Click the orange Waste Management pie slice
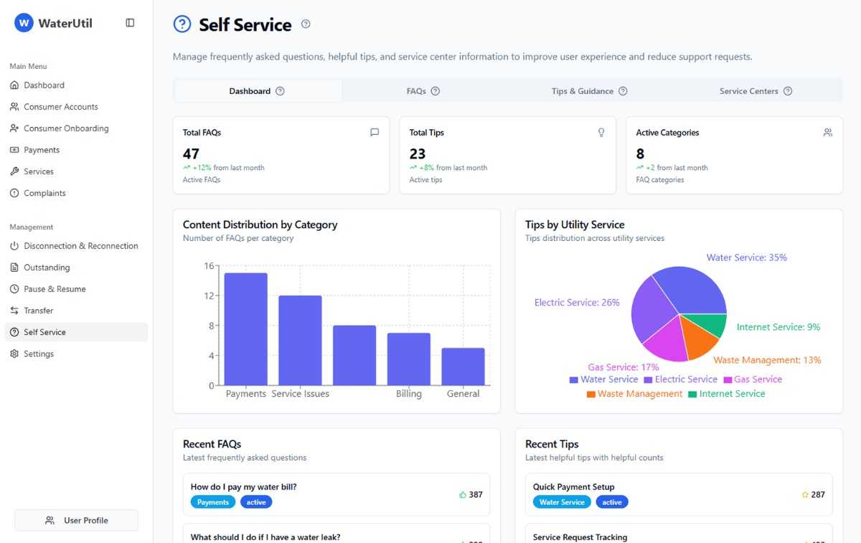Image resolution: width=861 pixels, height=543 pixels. [698, 337]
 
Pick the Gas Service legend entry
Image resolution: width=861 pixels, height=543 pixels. [753, 379]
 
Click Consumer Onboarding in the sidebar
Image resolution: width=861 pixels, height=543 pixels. [66, 128]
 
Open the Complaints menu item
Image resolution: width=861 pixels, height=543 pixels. [44, 193]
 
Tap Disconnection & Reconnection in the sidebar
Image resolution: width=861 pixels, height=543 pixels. [80, 246]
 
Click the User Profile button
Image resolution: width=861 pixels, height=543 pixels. [77, 520]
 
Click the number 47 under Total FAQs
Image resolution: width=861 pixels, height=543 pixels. [191, 154]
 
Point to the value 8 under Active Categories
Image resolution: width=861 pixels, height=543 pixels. [640, 154]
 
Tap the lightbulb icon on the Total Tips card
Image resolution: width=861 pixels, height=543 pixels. [601, 133]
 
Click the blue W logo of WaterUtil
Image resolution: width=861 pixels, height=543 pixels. [24, 23]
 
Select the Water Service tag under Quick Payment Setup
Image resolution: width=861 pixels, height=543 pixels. [562, 502]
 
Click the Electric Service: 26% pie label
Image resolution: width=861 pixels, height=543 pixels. [577, 303]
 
